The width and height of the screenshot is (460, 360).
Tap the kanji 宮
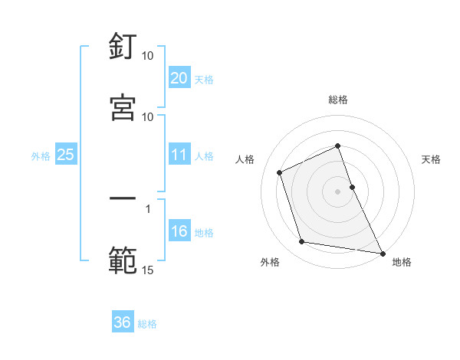coord(123,106)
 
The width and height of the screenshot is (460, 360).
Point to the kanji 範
coord(123,260)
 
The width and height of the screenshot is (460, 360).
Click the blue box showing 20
coord(179,78)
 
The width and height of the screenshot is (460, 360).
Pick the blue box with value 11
coord(179,155)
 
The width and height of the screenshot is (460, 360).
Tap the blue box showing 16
coord(179,232)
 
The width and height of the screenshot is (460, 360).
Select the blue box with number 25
coord(66,155)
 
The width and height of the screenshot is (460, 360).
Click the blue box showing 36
coord(123,322)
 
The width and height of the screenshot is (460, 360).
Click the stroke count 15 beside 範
coord(147,270)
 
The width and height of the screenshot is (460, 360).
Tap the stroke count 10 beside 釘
coord(147,56)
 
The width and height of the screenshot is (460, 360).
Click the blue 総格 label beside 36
coord(147,324)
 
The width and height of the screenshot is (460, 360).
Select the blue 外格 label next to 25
coord(41,156)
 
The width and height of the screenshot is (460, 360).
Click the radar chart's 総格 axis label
coord(338,100)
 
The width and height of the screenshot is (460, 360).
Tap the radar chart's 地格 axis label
coord(402,263)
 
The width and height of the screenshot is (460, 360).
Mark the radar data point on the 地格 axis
coord(382,252)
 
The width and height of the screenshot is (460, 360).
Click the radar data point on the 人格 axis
coord(280,172)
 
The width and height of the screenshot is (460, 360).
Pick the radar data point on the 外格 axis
coord(302,242)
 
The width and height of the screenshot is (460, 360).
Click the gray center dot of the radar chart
coord(338,191)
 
